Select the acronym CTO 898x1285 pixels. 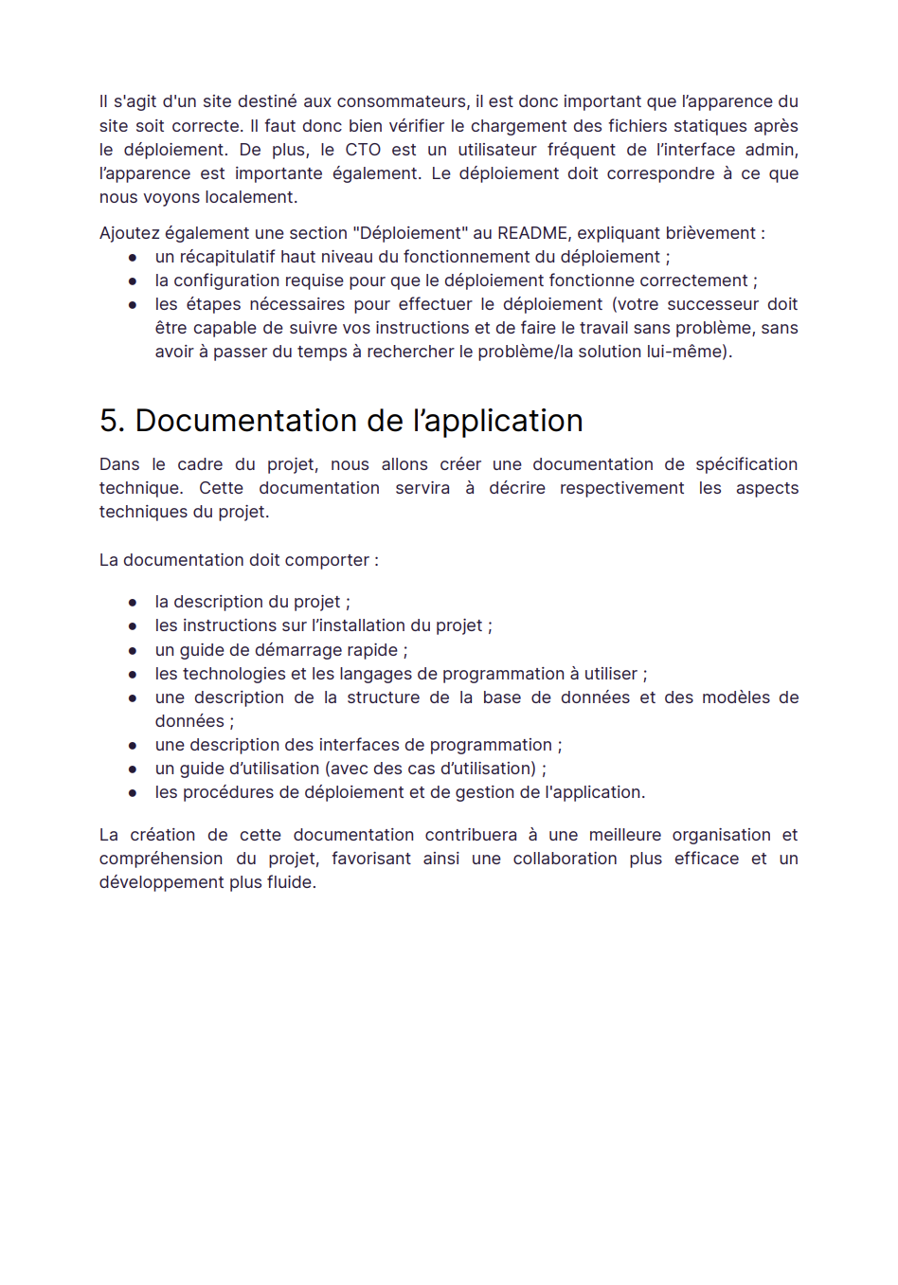point(363,150)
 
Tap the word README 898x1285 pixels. point(532,233)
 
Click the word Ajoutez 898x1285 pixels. point(130,233)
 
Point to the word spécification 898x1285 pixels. point(746,464)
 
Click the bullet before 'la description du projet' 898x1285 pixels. point(133,603)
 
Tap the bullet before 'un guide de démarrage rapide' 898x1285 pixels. point(133,651)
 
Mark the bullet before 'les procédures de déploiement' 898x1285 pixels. point(133,793)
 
